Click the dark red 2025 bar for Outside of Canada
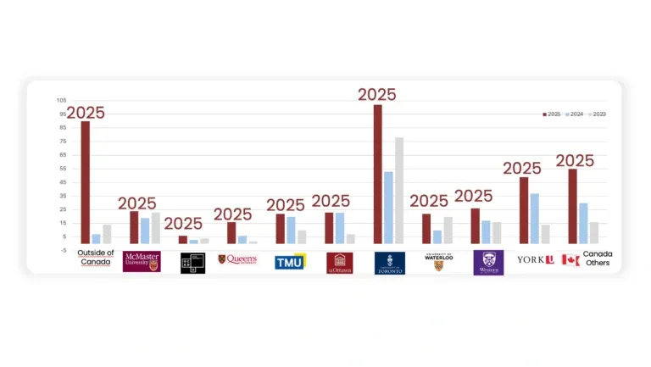point(86,182)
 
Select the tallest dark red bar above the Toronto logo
point(377,174)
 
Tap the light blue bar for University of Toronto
point(388,208)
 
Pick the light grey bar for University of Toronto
point(399,191)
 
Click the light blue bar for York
point(534,219)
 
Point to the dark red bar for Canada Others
point(572,206)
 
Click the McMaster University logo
point(142,261)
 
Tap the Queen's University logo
point(237,259)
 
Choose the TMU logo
point(289,262)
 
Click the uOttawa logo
point(339,263)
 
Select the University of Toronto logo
point(390,263)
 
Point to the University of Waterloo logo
point(438,262)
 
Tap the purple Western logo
point(488,262)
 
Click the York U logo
point(536,259)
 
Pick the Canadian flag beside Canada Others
point(570,260)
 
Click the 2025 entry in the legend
point(551,114)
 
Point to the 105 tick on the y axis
point(61,100)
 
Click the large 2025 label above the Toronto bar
point(376,94)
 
